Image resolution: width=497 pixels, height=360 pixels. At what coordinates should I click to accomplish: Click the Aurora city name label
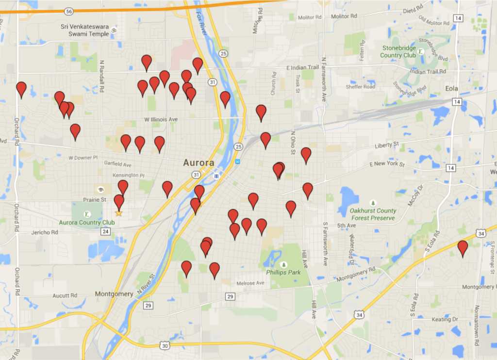[199, 163]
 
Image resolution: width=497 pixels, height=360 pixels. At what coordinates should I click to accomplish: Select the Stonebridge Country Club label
[398, 52]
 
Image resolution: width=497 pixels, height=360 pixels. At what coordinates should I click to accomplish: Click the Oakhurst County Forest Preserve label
[373, 214]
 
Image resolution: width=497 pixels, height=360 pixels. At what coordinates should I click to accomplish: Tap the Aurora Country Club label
[87, 223]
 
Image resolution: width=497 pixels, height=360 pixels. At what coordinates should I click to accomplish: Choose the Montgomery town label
[114, 294]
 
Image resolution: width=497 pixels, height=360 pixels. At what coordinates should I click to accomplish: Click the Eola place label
[451, 89]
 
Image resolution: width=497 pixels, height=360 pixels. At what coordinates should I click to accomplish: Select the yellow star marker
[118, 213]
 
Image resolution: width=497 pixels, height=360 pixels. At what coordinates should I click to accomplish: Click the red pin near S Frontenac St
[463, 248]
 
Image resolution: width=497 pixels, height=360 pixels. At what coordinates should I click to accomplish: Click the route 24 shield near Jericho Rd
[106, 231]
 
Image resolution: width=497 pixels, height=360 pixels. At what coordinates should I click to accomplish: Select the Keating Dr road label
[445, 319]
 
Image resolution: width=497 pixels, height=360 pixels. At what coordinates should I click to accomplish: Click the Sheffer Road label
[360, 87]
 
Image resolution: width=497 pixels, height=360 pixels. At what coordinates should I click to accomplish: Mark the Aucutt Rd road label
[66, 295]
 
